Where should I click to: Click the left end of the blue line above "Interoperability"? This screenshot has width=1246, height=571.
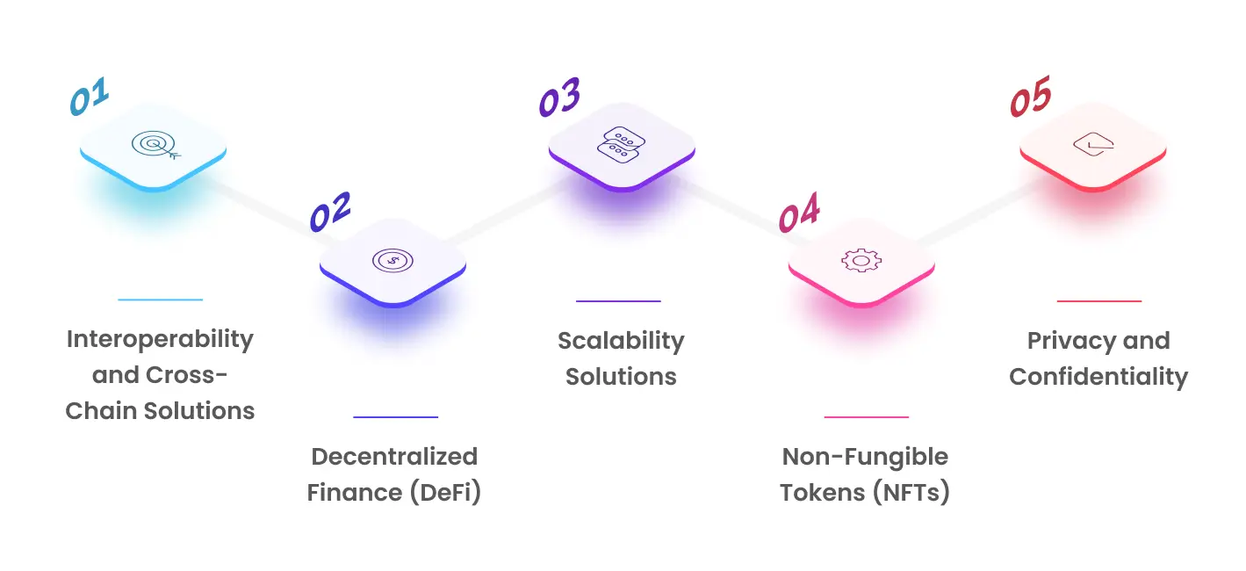click(x=119, y=300)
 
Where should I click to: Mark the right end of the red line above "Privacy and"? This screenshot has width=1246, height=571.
click(x=1141, y=301)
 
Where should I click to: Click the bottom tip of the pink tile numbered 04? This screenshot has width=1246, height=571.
click(x=861, y=306)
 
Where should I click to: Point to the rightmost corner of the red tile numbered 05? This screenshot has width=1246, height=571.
click(x=1166, y=149)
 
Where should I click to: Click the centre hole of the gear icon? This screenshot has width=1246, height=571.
click(x=861, y=260)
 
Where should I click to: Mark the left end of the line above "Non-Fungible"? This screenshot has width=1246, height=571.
click(x=825, y=417)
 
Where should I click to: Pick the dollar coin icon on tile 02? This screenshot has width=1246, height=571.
click(x=393, y=260)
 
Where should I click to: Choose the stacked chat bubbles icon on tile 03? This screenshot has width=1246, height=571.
click(x=622, y=145)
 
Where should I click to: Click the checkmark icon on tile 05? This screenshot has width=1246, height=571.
click(x=1093, y=145)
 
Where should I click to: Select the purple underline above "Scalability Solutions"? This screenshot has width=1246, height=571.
click(x=618, y=301)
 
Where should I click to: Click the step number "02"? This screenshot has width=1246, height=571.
click(x=330, y=212)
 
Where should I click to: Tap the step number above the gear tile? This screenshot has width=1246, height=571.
click(x=799, y=212)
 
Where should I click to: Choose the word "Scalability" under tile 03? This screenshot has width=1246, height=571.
click(x=621, y=341)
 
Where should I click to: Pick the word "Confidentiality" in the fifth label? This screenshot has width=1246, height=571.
click(x=1098, y=377)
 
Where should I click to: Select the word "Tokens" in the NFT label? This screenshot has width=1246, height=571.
click(x=823, y=493)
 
